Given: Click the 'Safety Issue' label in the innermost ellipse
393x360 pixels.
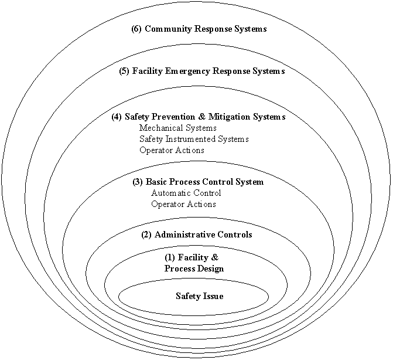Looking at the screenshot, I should point(199,296).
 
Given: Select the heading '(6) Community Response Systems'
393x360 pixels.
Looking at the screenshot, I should point(199,29).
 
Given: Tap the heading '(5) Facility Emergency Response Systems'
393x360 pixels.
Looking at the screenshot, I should point(201,72).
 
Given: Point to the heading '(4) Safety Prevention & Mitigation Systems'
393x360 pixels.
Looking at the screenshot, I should point(198,117).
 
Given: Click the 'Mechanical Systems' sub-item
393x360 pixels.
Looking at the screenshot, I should point(178,128).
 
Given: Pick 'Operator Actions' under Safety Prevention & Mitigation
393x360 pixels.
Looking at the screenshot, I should point(172,150).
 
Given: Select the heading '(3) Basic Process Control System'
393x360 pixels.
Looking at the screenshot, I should point(198,182).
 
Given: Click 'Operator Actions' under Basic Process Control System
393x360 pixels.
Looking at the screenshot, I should point(183,204).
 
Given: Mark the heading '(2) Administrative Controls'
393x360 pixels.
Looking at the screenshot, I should point(197,235).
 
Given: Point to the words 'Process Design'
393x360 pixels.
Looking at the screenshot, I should point(193,269).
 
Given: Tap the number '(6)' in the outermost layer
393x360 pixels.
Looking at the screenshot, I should point(136,29).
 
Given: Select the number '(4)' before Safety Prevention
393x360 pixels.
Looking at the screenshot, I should point(117,117).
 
